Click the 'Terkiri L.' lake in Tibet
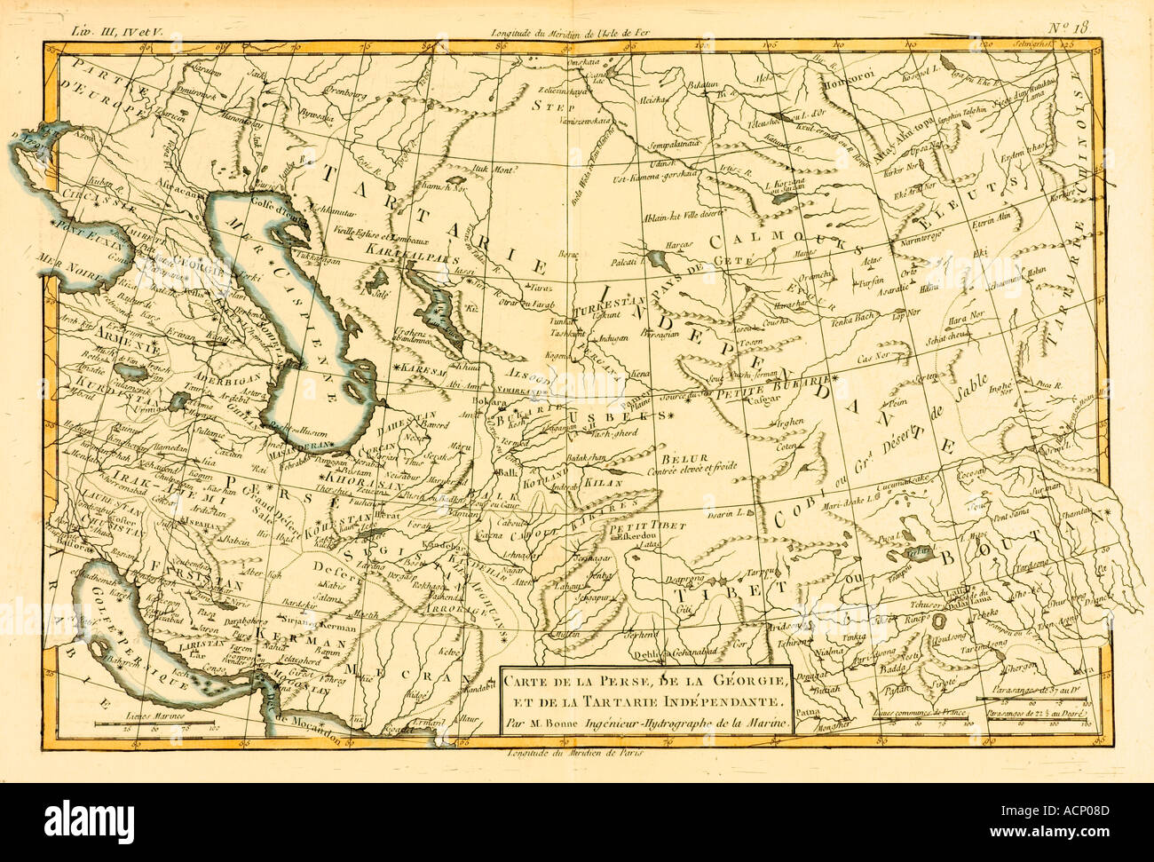915,552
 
